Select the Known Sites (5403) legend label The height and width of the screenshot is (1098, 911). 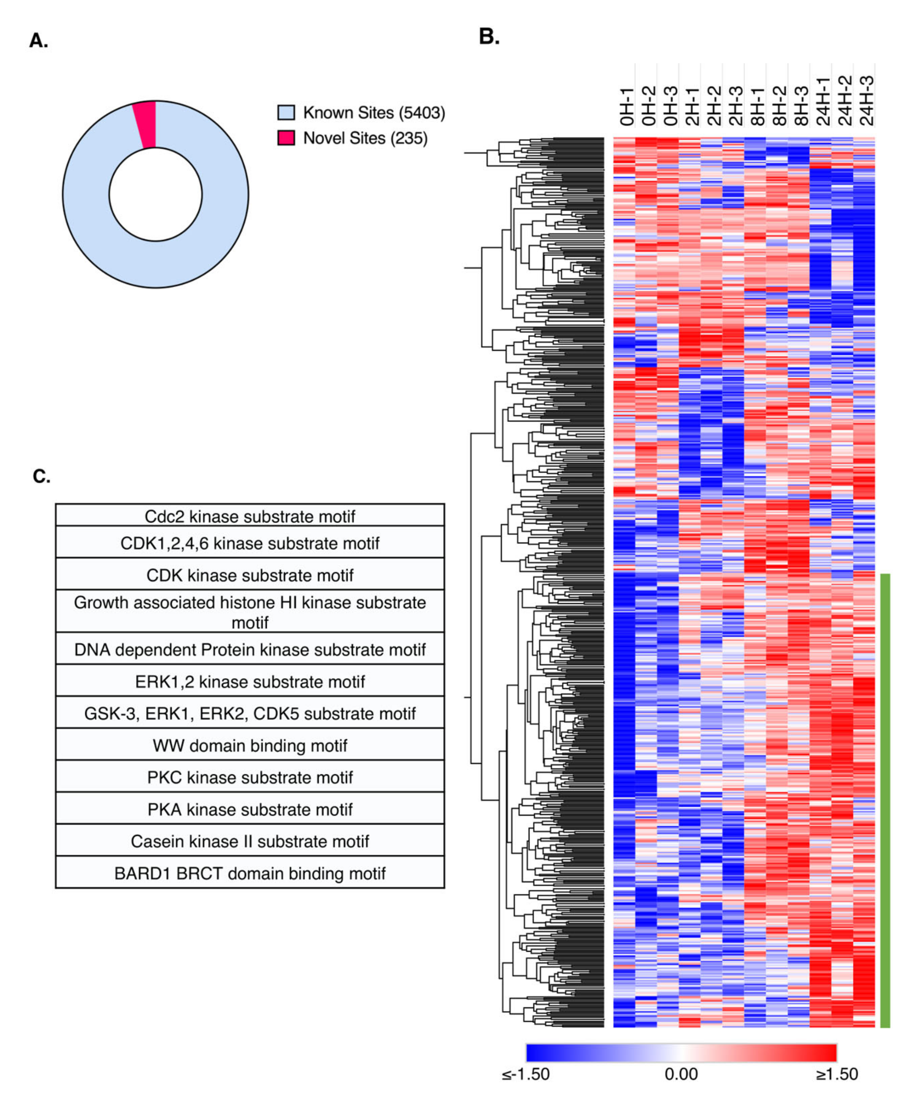coord(374,112)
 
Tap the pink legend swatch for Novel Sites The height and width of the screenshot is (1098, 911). coord(286,138)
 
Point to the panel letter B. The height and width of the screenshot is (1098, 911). coord(489,37)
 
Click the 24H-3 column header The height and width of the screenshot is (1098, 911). coord(866,101)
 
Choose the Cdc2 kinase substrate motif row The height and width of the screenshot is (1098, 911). coord(250,516)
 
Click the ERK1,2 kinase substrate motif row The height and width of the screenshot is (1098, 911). coord(250,682)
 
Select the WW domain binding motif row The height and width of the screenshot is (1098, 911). coord(250,746)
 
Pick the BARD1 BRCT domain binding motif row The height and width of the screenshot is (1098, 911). coord(250,874)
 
